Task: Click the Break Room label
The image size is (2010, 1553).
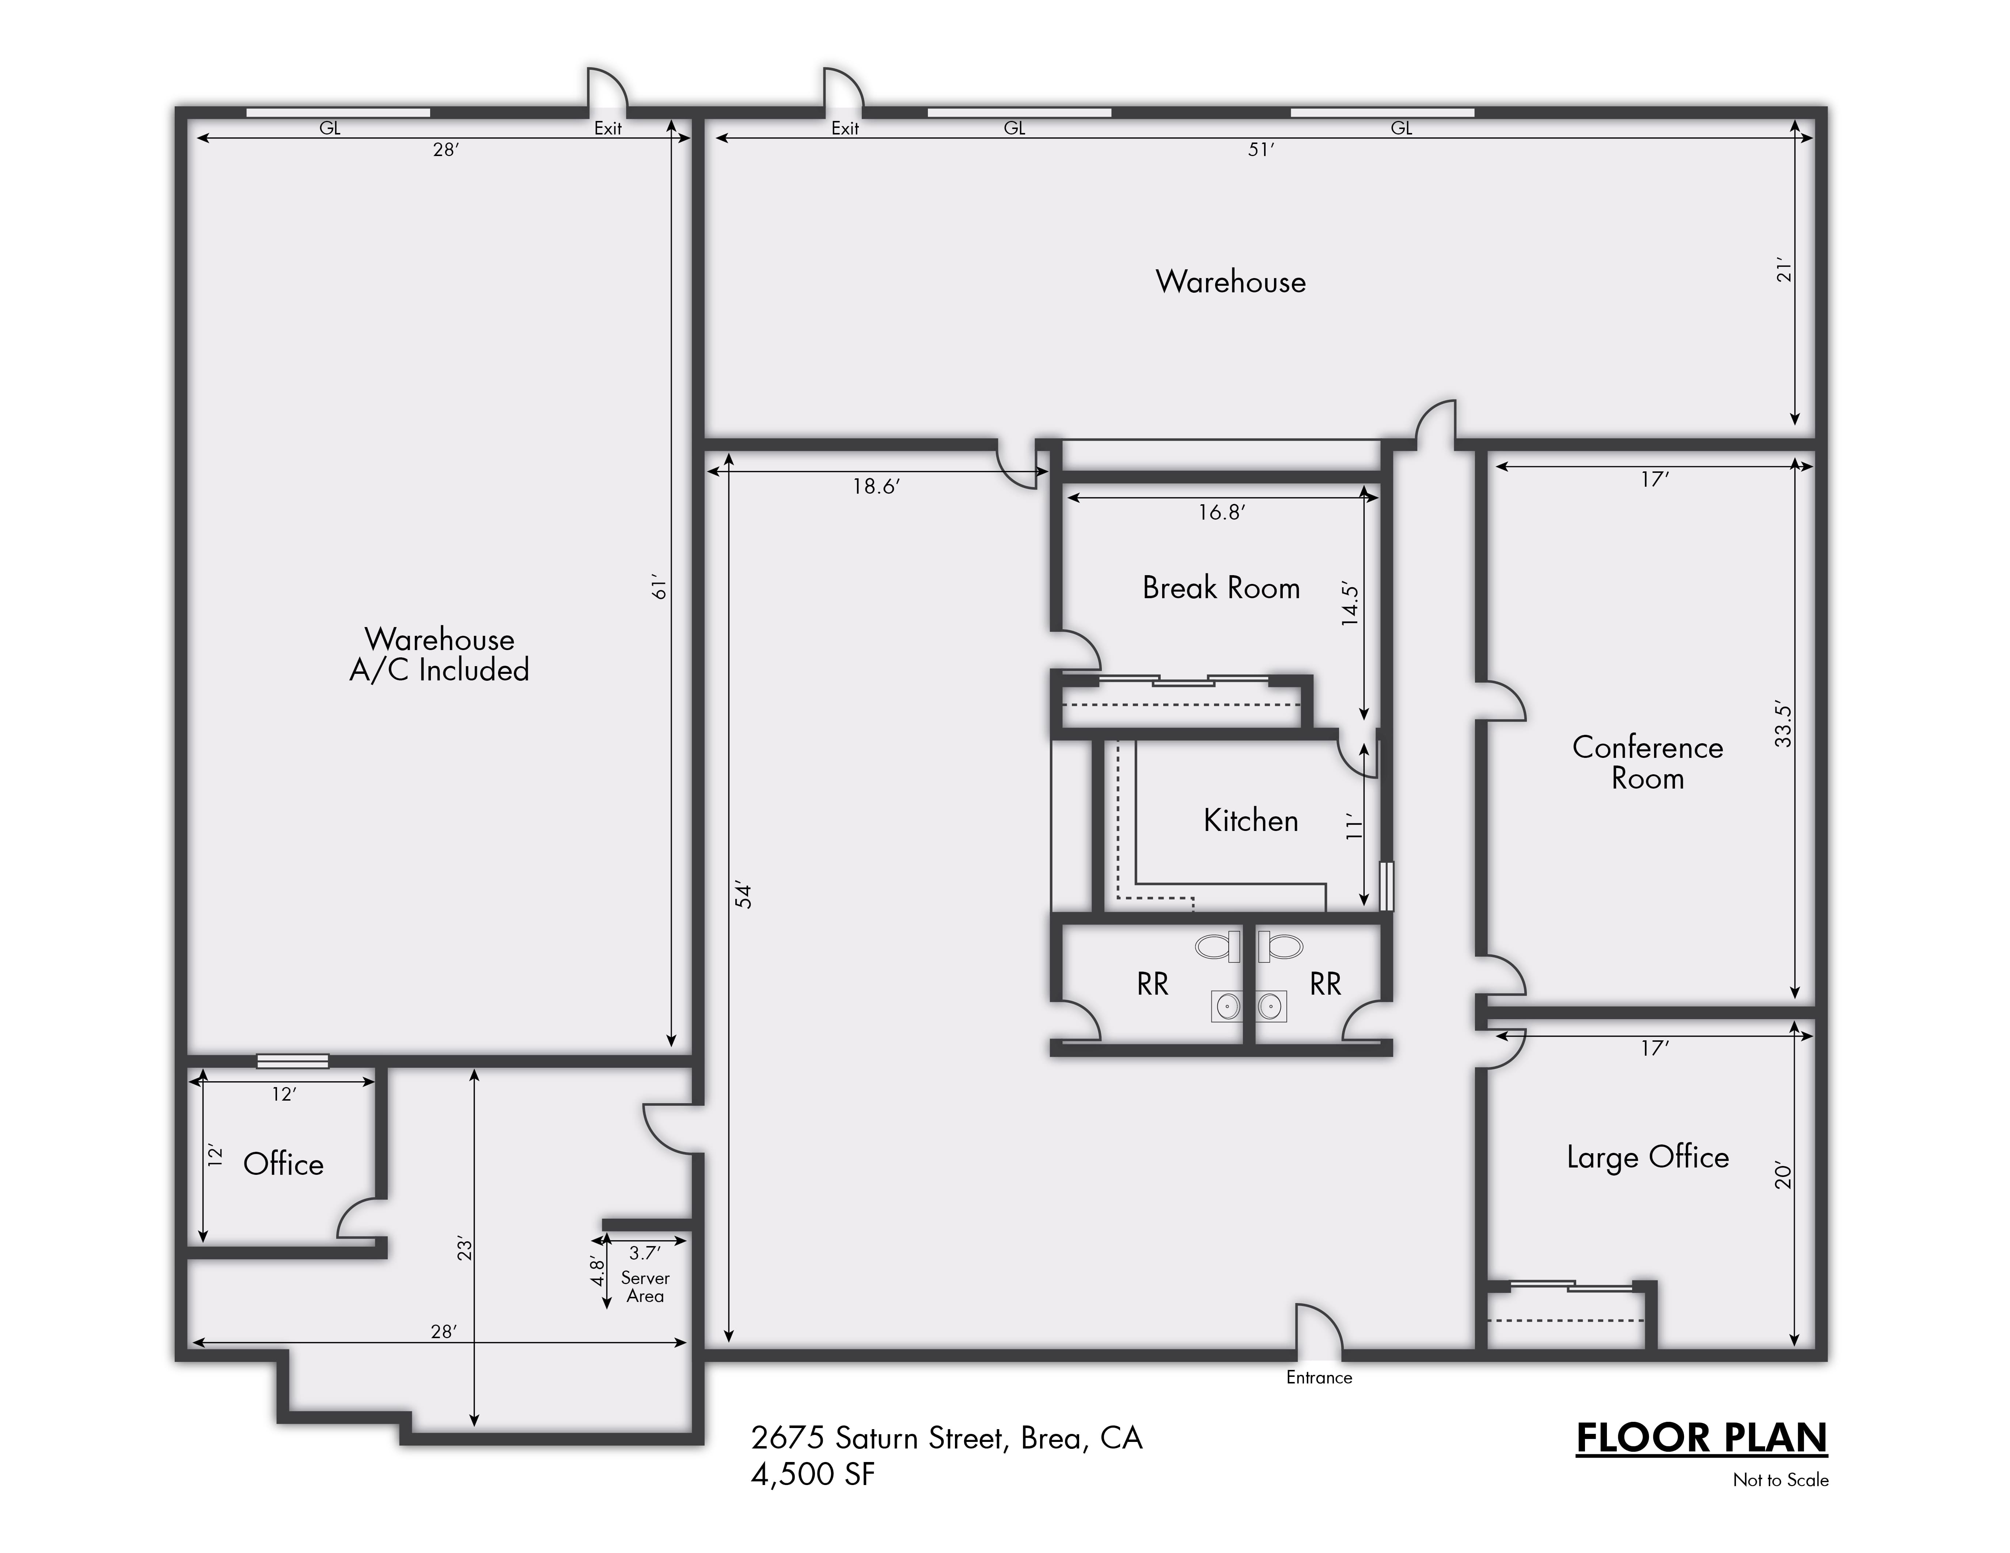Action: (1221, 588)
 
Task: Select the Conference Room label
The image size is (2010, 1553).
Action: (1647, 762)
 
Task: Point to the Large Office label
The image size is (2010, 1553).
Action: (1647, 1157)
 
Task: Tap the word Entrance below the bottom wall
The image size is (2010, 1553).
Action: (1319, 1377)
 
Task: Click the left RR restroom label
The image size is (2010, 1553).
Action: (1152, 984)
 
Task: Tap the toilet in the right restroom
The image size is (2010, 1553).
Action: (1280, 946)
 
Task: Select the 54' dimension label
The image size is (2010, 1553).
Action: (744, 896)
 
